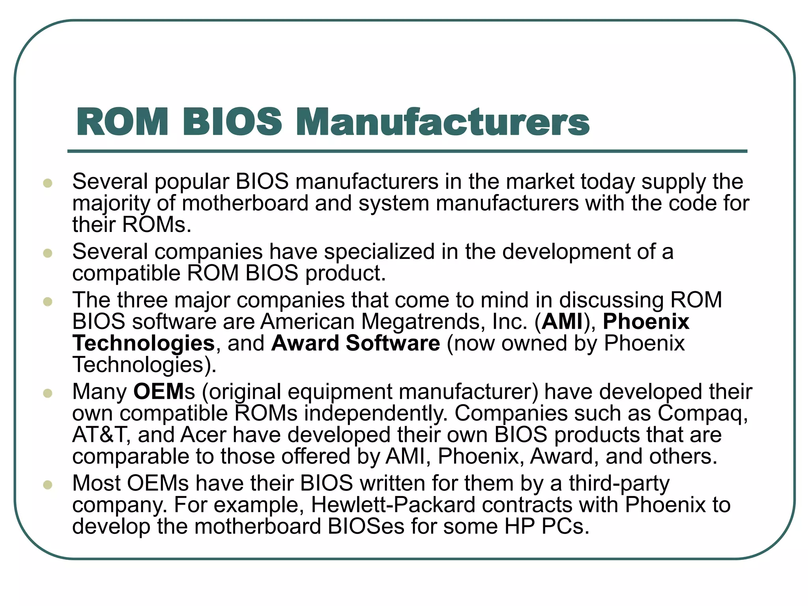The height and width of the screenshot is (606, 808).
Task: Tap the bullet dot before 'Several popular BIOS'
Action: tap(48, 183)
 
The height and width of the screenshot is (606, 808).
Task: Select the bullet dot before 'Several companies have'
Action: tap(48, 253)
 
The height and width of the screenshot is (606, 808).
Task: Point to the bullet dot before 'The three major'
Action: tap(48, 302)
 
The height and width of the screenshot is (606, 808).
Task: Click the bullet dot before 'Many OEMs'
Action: tap(48, 393)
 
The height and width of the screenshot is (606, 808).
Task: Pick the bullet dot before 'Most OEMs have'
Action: tap(48, 485)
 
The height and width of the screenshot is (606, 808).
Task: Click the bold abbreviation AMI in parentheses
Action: tap(562, 322)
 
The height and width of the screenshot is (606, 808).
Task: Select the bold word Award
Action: tap(305, 343)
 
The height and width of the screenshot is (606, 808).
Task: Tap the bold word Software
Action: tap(393, 343)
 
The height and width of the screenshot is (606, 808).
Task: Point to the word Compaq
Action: tap(701, 414)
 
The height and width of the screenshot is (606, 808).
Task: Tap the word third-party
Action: tap(619, 484)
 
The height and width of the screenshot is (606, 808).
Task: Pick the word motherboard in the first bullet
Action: tap(245, 204)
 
